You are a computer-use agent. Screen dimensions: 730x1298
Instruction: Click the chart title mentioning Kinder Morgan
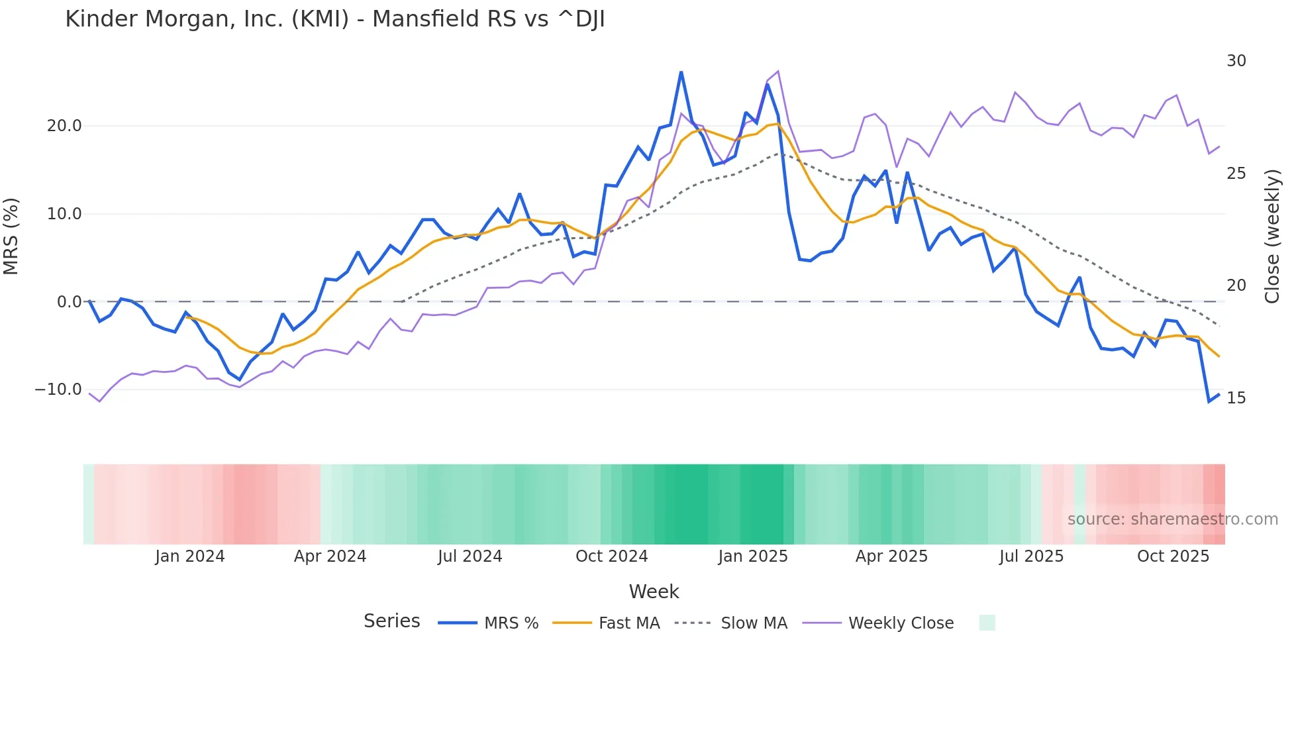(335, 19)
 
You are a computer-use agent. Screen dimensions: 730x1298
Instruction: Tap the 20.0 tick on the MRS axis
(64, 126)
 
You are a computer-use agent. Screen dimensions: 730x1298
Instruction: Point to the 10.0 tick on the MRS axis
(64, 214)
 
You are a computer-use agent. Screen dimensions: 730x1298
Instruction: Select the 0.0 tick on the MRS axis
(69, 302)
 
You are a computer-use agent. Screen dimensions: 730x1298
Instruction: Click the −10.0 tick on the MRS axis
(58, 390)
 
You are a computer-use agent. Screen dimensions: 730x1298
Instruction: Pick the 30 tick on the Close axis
(1236, 61)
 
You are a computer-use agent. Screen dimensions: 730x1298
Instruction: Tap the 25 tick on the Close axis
(1236, 174)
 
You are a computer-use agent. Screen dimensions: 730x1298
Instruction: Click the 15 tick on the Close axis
(1236, 398)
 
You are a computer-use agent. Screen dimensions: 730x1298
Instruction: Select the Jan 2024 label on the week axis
(190, 556)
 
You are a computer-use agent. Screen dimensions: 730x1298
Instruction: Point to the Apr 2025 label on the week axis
(891, 556)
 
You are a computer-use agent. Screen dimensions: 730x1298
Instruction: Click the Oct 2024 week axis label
(611, 556)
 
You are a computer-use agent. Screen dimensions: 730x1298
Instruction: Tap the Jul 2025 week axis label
(1031, 556)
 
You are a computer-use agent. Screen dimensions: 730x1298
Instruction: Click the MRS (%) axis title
(11, 236)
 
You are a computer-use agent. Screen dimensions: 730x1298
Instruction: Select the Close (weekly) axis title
(1272, 236)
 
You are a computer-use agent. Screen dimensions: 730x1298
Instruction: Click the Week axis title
(654, 592)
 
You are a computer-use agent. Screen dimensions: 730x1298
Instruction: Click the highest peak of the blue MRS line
(681, 72)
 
